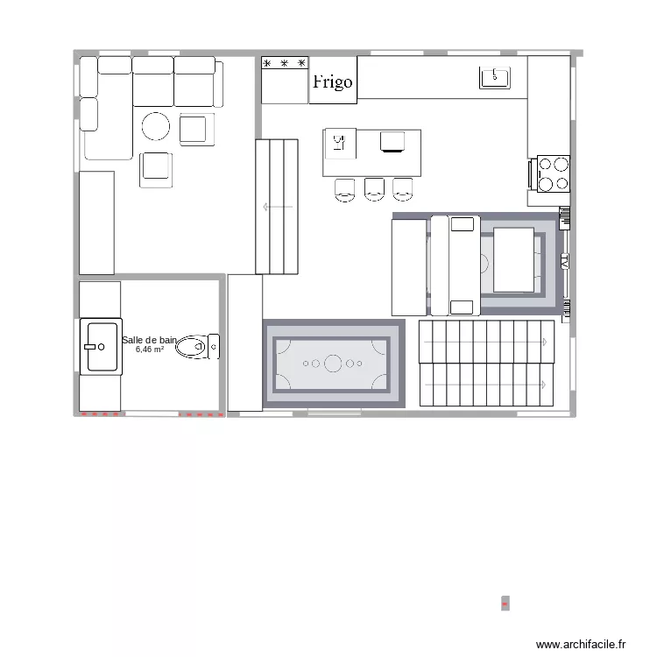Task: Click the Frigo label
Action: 333,81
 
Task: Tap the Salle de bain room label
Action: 150,340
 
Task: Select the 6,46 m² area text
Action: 150,350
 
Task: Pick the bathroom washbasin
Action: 100,347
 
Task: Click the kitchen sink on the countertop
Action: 495,78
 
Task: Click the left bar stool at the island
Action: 345,188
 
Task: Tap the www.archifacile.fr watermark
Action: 581,644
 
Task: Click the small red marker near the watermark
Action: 504,604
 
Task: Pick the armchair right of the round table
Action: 197,129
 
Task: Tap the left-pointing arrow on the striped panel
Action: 266,208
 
